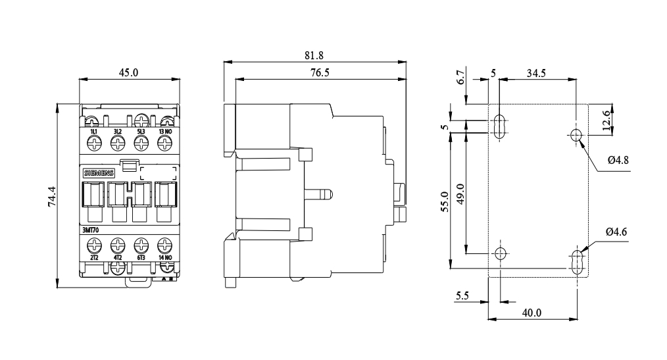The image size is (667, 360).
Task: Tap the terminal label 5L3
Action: point(141,132)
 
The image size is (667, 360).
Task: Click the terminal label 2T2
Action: point(93,257)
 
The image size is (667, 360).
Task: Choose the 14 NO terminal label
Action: point(165,257)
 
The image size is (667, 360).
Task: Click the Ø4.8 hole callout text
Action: point(618,159)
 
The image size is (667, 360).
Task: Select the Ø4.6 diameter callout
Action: point(617,232)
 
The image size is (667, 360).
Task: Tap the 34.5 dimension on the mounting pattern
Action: point(535,73)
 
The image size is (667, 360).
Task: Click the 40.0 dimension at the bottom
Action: point(531,313)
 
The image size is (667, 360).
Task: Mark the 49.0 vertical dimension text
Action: point(460,196)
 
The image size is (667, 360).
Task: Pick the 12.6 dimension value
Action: point(608,120)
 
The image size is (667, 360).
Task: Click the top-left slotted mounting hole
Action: point(500,125)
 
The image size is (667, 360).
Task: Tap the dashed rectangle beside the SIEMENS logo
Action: point(159,173)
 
